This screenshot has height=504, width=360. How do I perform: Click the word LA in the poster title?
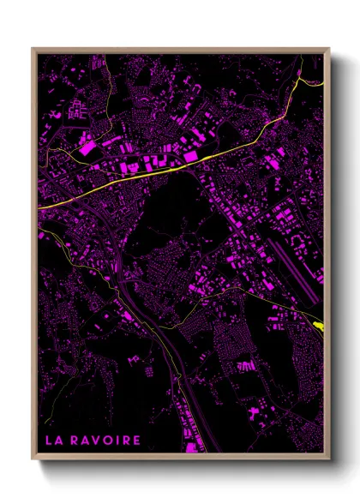tap(54, 441)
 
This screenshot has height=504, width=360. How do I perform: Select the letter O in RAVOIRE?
tap(108, 441)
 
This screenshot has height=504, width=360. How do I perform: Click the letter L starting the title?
tap(49, 441)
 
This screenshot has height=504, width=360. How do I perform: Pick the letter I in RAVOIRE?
tap(117, 441)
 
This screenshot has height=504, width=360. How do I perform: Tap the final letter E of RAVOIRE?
tap(137, 441)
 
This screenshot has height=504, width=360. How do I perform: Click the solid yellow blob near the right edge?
tap(319, 325)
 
